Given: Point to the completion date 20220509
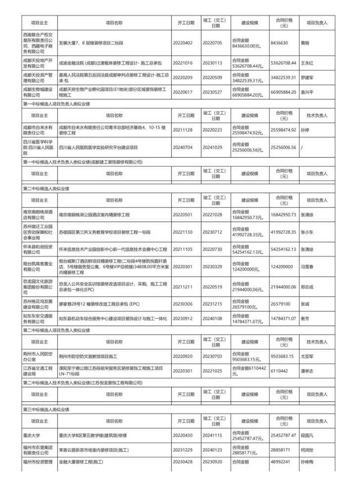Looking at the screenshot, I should [x=213, y=78].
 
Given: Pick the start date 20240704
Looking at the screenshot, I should [x=183, y=147].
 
